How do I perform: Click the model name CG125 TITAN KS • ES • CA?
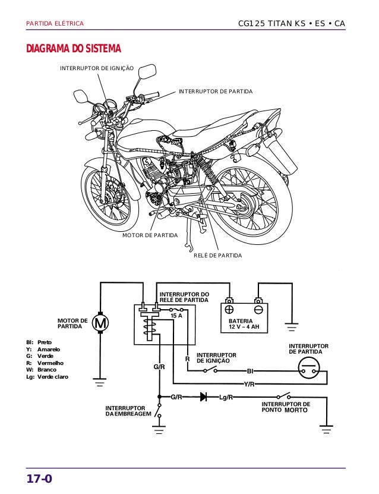(291, 24)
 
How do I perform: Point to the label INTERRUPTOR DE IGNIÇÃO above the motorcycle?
(97, 70)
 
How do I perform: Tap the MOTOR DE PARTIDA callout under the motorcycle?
(150, 236)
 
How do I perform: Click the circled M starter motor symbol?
(100, 324)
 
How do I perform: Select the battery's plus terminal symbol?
(229, 310)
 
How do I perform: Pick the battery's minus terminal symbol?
(258, 310)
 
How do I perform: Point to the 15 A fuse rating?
(176, 316)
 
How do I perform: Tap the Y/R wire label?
(249, 384)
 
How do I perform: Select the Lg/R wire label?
(226, 397)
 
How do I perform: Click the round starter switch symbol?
(308, 367)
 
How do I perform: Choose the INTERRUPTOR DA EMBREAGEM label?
(128, 411)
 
